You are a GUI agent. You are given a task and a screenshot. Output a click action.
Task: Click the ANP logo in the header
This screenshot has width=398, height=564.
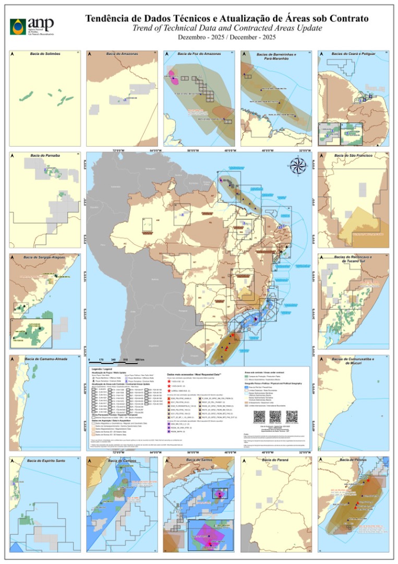[x=31, y=26]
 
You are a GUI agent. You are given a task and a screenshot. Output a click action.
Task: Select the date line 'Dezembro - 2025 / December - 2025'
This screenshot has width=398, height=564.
[x=226, y=37]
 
